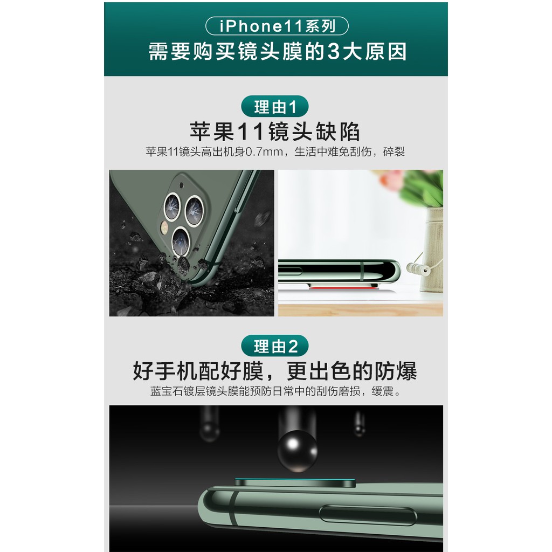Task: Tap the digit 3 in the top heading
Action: (x=335, y=52)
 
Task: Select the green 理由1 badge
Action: (x=275, y=106)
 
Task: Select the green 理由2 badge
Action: (x=275, y=345)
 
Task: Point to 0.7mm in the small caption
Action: (x=264, y=152)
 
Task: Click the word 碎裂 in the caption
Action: (x=393, y=152)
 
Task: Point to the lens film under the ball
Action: (x=294, y=481)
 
